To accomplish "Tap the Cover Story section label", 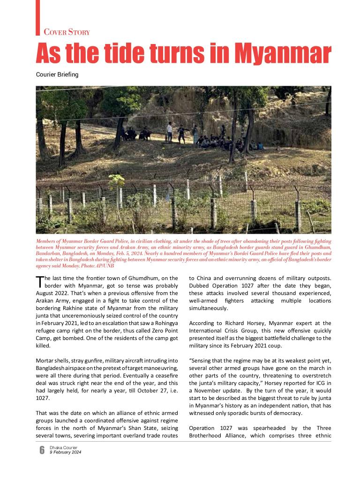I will point(67,32).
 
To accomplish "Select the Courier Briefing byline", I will point(57,74).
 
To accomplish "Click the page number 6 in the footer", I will point(42,450).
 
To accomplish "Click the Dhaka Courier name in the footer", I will point(64,448).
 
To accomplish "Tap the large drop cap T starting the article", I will point(39,281).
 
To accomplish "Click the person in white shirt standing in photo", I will point(170,132).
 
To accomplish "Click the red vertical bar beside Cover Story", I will point(37,17).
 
